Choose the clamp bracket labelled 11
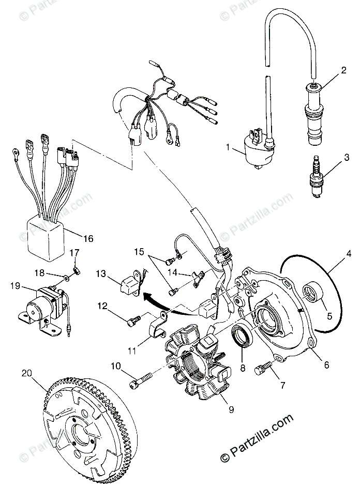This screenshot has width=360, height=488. pos(159,325)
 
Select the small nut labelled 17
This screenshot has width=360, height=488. pos(76,270)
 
